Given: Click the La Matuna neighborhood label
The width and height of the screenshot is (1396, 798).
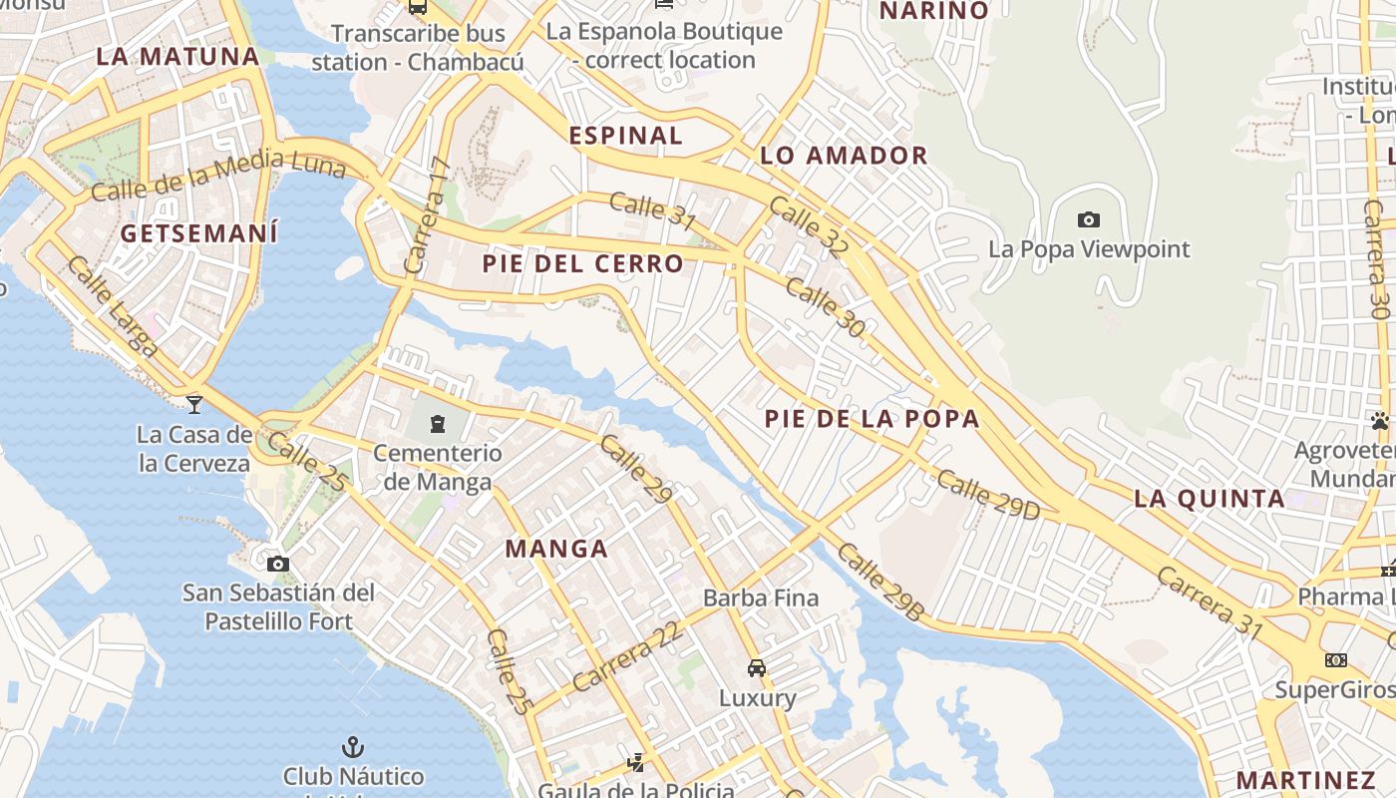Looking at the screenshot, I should pyautogui.click(x=177, y=57).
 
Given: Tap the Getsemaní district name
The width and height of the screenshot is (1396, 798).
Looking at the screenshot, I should pyautogui.click(x=198, y=233).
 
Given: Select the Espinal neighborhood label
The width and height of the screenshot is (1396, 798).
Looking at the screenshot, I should pyautogui.click(x=625, y=136).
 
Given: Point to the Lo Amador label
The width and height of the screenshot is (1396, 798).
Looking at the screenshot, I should pyautogui.click(x=844, y=156).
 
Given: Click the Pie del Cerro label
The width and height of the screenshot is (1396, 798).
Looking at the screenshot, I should pyautogui.click(x=583, y=264).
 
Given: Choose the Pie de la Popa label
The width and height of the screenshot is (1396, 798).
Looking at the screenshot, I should pyautogui.click(x=872, y=419).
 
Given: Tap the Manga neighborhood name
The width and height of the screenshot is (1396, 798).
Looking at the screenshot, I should pyautogui.click(x=555, y=549).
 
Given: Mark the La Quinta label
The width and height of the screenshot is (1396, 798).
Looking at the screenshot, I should pyautogui.click(x=1209, y=499).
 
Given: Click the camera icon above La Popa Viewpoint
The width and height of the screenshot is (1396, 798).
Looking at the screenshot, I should pyautogui.click(x=1089, y=219).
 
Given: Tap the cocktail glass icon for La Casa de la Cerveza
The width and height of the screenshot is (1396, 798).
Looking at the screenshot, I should pyautogui.click(x=193, y=404).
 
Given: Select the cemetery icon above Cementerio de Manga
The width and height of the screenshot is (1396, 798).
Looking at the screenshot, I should pyautogui.click(x=437, y=424).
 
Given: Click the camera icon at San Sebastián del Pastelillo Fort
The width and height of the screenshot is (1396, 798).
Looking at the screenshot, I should pyautogui.click(x=278, y=564).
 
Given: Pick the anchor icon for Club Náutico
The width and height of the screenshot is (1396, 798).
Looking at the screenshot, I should pyautogui.click(x=352, y=746).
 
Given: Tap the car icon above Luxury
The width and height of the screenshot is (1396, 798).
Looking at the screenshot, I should pyautogui.click(x=757, y=668).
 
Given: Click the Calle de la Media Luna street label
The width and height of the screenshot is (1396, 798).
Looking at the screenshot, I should pyautogui.click(x=217, y=175).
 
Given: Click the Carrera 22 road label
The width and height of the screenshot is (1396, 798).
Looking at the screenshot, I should pyautogui.click(x=628, y=656).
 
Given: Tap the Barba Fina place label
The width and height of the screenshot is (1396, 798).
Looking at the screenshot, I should pyautogui.click(x=761, y=598).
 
